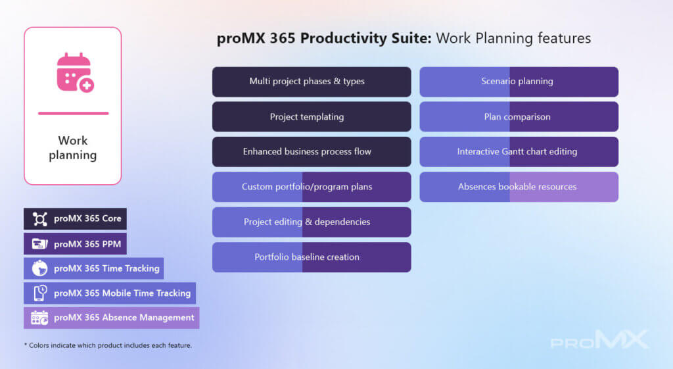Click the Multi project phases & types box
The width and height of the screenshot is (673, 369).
point(312,82)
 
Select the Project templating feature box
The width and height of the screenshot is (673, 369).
point(312,117)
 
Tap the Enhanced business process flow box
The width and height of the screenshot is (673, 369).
point(312,152)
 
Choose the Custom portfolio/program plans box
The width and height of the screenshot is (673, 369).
point(312,187)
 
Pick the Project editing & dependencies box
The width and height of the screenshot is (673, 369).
point(312,222)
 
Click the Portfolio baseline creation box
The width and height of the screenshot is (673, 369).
point(312,257)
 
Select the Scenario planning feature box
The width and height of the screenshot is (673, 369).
point(519,82)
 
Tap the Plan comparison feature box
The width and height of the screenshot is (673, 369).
point(519,117)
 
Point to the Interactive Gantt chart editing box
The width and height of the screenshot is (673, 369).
point(519,152)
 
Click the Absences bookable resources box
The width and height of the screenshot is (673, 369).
point(519,187)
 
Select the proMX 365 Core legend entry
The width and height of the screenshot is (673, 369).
point(75,219)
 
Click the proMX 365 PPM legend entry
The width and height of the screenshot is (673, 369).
point(75,244)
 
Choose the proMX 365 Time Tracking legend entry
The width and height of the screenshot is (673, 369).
point(93,268)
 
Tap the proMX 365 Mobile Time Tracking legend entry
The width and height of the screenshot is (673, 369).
point(110,293)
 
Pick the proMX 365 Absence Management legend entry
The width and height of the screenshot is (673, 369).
point(112,318)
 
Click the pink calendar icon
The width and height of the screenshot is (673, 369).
point(75,72)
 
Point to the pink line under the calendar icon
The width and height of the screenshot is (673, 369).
point(74,113)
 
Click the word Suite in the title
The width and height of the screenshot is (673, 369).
point(411,38)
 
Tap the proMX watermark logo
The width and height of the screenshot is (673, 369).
point(599,339)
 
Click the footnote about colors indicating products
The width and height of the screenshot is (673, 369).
point(108,345)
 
